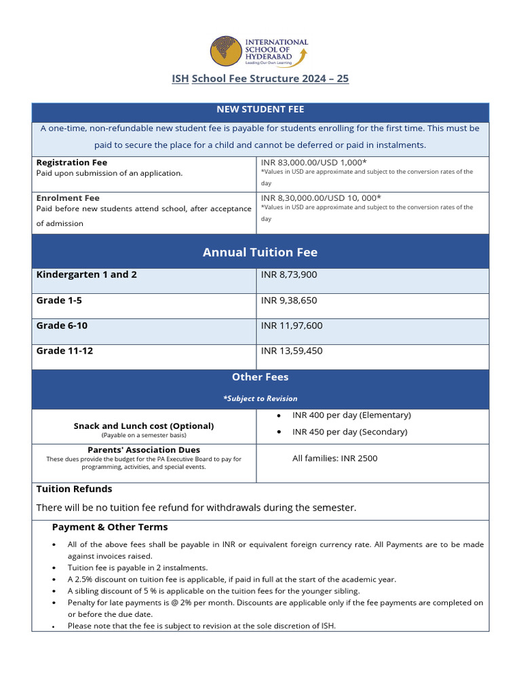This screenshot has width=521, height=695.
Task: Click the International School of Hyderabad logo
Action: coord(260,52)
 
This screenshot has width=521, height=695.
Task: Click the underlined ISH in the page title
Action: coord(180,79)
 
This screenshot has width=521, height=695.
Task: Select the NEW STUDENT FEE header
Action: coord(260,109)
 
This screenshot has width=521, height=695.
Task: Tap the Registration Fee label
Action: coord(71,163)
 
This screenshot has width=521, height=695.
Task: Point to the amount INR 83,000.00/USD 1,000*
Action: coord(313,162)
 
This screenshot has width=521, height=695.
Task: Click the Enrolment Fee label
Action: coord(68,198)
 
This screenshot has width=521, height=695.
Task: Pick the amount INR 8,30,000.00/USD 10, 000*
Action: coord(321,198)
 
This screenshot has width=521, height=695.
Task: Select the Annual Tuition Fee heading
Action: coord(260,252)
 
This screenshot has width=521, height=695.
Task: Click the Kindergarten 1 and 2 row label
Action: coord(86,275)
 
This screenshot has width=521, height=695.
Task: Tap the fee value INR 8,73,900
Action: coord(289,275)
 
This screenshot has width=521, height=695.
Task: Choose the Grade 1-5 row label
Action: coord(59,300)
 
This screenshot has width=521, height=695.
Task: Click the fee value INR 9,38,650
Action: coord(289,300)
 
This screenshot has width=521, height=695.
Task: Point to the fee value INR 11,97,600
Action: coord(292,326)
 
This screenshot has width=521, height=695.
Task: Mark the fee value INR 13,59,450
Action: coord(292,351)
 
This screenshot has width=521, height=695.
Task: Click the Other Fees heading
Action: coord(260,377)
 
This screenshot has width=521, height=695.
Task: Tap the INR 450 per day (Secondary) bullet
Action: coord(349,432)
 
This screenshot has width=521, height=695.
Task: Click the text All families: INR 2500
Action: coord(334,459)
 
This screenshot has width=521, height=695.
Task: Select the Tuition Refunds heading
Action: coord(74,489)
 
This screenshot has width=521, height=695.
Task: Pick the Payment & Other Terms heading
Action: coord(109,527)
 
